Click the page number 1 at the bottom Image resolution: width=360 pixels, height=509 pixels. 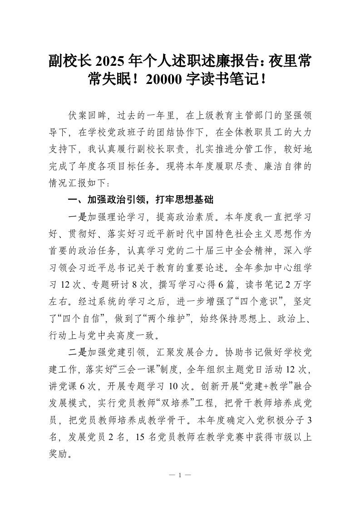pyautogui.click(x=180, y=475)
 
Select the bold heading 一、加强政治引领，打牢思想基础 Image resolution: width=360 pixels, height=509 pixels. pyautogui.click(x=140, y=200)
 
